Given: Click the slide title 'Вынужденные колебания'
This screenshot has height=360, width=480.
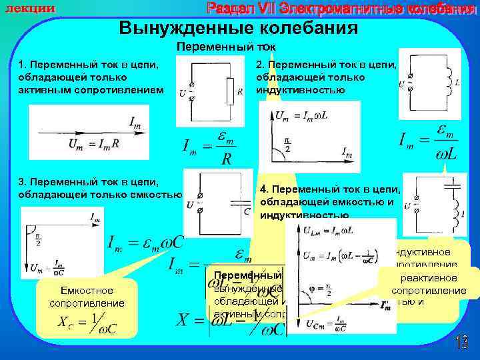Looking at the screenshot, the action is tap(238, 28).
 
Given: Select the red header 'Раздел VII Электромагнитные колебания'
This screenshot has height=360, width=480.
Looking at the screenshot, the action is tap(341, 8).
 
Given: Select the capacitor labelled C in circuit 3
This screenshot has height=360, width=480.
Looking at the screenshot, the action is tap(238, 203).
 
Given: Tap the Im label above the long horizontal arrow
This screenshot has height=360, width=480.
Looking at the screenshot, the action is tap(134, 122).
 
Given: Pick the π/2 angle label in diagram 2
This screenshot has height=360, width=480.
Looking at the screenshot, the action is tap(286, 144).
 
